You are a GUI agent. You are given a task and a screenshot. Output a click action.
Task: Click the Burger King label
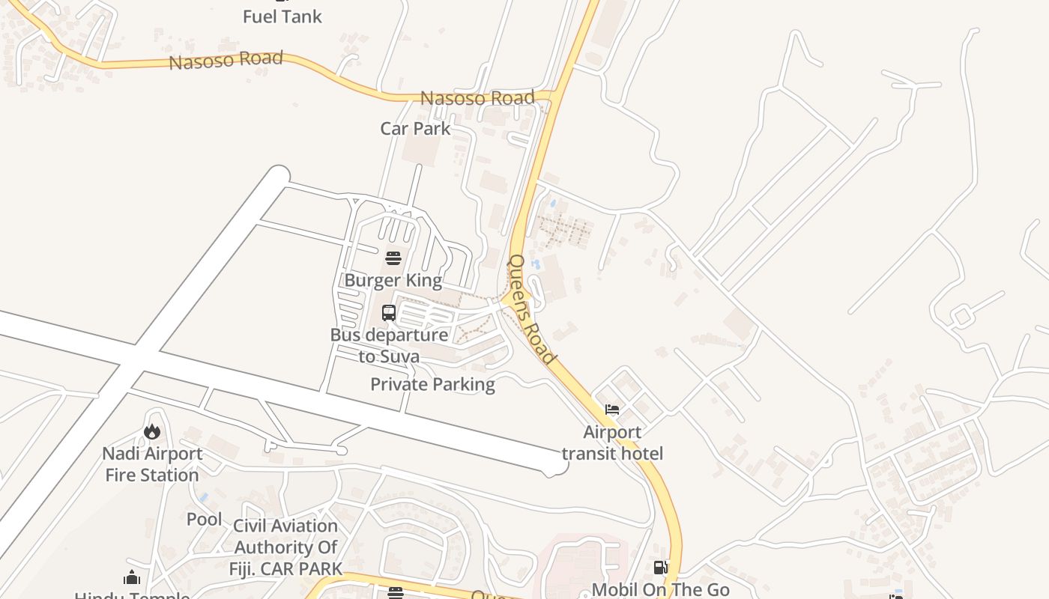point(393,281)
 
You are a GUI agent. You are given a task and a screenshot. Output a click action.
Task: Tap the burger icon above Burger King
point(393,258)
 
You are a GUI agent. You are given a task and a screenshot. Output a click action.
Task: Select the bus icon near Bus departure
point(389,313)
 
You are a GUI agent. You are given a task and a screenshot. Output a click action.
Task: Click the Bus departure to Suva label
point(389,345)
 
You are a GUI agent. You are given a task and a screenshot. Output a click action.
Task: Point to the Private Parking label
point(432,384)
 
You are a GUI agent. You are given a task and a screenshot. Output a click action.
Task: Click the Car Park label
point(415,128)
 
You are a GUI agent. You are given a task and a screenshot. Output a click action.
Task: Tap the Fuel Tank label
point(282,16)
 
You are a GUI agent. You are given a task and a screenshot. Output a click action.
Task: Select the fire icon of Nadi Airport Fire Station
point(152,431)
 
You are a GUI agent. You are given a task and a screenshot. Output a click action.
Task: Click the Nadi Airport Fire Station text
point(152,464)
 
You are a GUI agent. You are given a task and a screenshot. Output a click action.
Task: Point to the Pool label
point(204,519)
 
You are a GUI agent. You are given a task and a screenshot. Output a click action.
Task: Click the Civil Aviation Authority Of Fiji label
point(285,547)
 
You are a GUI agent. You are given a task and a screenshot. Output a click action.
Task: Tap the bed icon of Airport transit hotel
point(612,410)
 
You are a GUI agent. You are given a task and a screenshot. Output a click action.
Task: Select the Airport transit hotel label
point(612,443)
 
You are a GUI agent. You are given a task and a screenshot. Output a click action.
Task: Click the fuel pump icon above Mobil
point(660,568)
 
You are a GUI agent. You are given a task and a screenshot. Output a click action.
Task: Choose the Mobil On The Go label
point(660,589)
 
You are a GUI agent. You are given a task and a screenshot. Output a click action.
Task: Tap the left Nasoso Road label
point(226,60)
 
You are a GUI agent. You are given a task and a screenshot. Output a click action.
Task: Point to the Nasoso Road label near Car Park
point(477,98)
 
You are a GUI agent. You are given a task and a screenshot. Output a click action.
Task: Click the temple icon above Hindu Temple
point(132,577)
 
